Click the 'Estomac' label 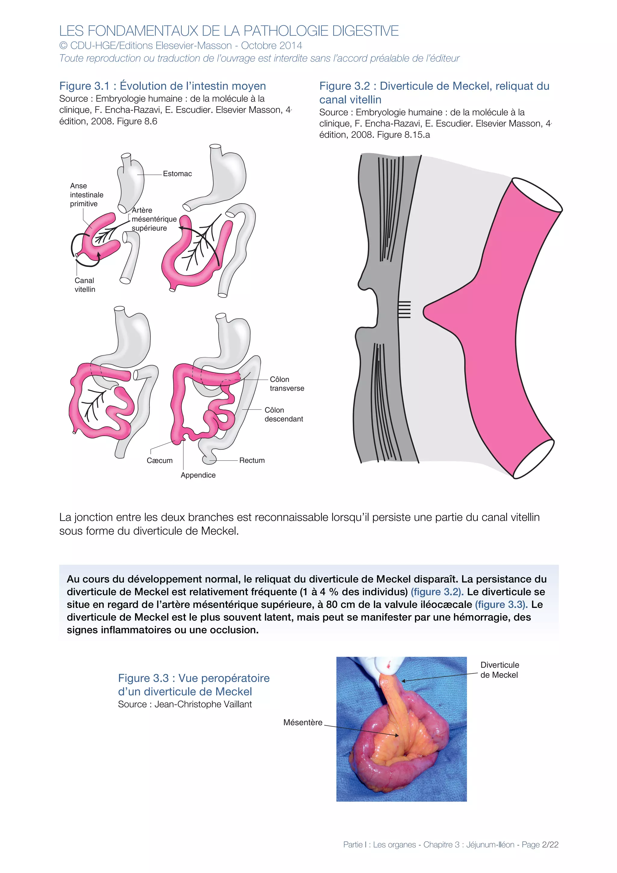click(x=177, y=174)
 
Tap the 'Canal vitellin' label click(x=85, y=285)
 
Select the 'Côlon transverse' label click(x=287, y=384)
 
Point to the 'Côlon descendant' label click(x=283, y=415)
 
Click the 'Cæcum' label click(x=159, y=461)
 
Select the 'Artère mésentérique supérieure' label click(x=154, y=219)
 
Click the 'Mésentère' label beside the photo click(x=302, y=722)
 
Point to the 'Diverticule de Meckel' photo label click(x=499, y=670)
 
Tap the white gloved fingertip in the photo click(x=388, y=664)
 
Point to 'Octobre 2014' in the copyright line click(x=271, y=45)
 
